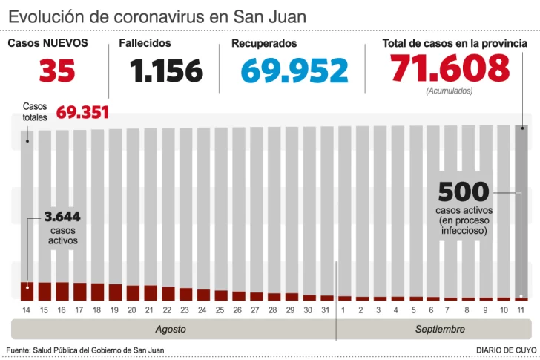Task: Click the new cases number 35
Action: tap(57, 71)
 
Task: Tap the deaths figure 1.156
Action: tap(166, 71)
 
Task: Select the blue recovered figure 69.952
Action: tap(294, 71)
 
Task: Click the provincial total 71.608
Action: tap(450, 69)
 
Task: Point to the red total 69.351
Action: tap(82, 113)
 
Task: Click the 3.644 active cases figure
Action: tap(62, 217)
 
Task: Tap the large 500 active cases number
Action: tap(463, 192)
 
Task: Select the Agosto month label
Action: tap(171, 329)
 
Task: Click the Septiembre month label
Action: tap(440, 329)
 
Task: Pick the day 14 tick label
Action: tap(27, 310)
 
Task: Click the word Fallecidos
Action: tap(145, 43)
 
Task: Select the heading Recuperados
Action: tap(264, 43)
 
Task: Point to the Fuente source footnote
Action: tap(85, 350)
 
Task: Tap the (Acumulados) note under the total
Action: tap(450, 91)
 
